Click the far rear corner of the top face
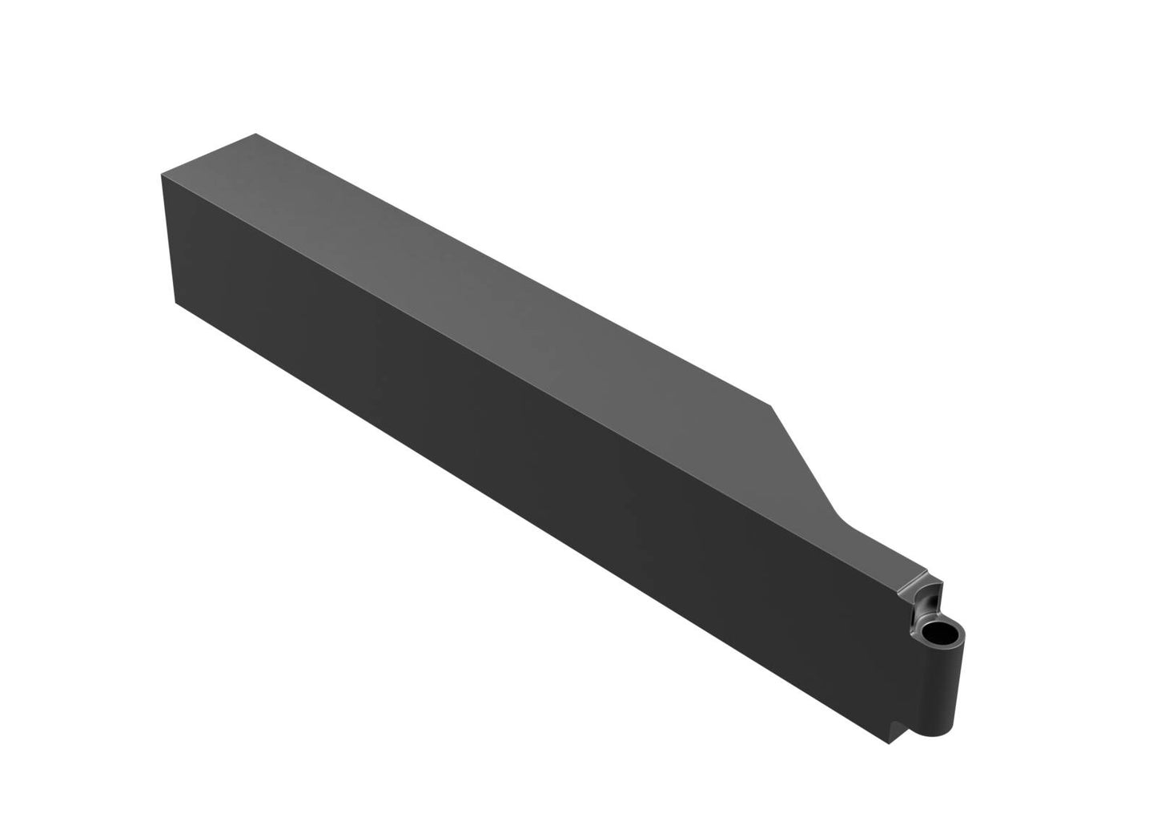click(x=255, y=134)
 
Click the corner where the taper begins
click(x=771, y=405)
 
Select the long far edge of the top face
click(x=512, y=268)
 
